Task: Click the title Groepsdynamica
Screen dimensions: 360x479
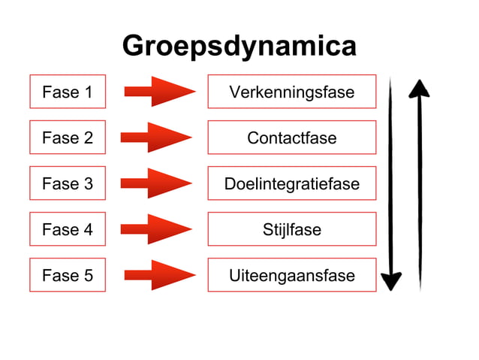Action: (x=239, y=47)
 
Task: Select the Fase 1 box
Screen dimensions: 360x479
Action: (x=68, y=92)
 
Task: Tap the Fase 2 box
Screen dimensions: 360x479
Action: (x=68, y=138)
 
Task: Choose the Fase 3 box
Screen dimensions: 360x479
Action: (x=68, y=183)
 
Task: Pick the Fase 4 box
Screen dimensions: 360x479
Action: (x=68, y=229)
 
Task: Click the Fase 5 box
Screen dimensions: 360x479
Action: (x=68, y=275)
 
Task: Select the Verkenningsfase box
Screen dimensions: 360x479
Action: (x=291, y=92)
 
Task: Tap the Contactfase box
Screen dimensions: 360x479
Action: (x=291, y=138)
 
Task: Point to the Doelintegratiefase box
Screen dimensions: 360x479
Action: (x=291, y=183)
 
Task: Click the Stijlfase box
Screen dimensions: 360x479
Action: (x=291, y=229)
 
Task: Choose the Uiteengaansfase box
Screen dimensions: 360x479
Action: (x=291, y=275)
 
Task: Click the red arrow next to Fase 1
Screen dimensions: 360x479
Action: (x=158, y=92)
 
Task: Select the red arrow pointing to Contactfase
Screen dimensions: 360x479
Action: (x=156, y=138)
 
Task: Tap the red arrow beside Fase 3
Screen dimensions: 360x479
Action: (x=156, y=183)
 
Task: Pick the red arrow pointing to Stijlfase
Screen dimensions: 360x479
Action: (x=156, y=229)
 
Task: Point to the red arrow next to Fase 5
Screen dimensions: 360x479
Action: (x=158, y=275)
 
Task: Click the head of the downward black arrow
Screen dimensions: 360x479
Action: (x=391, y=281)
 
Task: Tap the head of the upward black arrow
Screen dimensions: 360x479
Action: (x=419, y=89)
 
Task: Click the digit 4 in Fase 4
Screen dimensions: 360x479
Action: (x=88, y=229)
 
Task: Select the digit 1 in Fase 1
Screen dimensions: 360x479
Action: (x=88, y=92)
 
